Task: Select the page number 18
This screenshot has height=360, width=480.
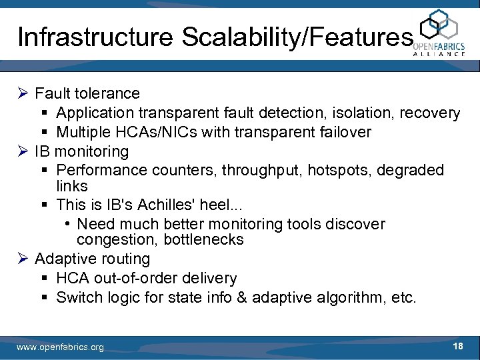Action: pos(458,346)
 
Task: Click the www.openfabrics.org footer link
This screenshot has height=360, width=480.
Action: pos(60,347)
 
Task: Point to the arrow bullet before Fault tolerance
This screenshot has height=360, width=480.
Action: pos(23,93)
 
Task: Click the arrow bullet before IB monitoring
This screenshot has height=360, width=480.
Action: pos(23,151)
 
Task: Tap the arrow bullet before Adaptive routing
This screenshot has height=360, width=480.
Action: pos(23,258)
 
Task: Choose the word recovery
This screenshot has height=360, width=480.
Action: pos(430,113)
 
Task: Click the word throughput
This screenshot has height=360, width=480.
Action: pos(261,170)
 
